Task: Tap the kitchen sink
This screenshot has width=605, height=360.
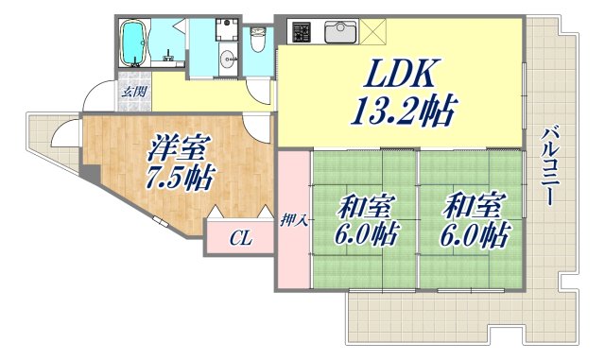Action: click(x=340, y=33)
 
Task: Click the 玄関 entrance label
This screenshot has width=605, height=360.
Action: click(x=133, y=92)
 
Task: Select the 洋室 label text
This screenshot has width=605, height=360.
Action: click(x=177, y=148)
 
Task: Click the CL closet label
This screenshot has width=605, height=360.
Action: click(x=240, y=239)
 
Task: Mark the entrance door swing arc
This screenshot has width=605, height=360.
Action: click(x=95, y=97)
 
